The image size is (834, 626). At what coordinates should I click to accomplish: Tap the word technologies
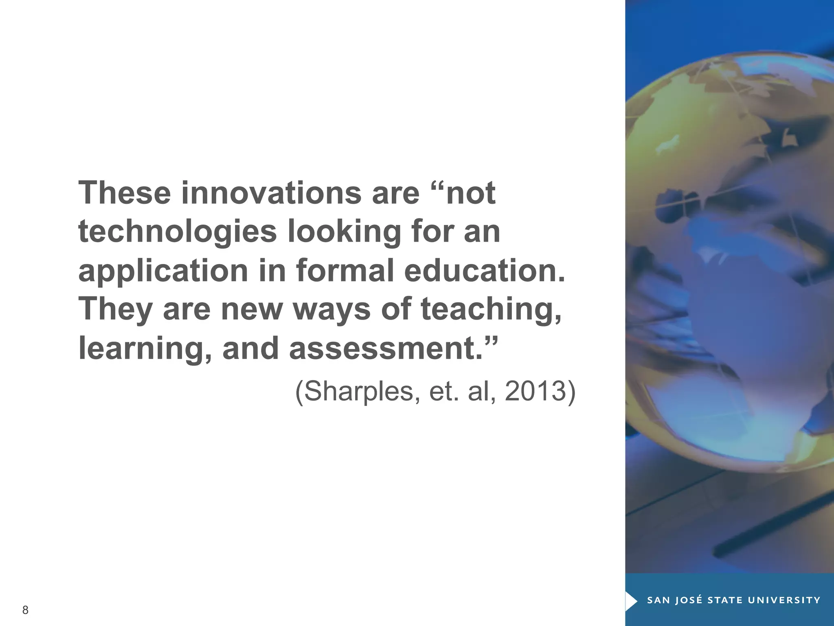pyautogui.click(x=178, y=231)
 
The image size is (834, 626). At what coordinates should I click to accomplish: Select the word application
pyautogui.click(x=163, y=271)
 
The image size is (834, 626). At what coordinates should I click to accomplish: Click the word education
pyautogui.click(x=485, y=270)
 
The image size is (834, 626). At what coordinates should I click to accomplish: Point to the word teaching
pyautogui.click(x=491, y=310)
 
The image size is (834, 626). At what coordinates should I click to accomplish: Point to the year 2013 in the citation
pyautogui.click(x=535, y=391)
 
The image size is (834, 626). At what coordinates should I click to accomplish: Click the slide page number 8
pyautogui.click(x=25, y=610)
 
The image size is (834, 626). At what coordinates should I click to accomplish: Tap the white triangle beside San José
pyautogui.click(x=631, y=600)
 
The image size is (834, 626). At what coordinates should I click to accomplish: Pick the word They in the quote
pyautogui.click(x=115, y=310)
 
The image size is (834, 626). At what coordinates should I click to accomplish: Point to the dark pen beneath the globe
pyautogui.click(x=774, y=530)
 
